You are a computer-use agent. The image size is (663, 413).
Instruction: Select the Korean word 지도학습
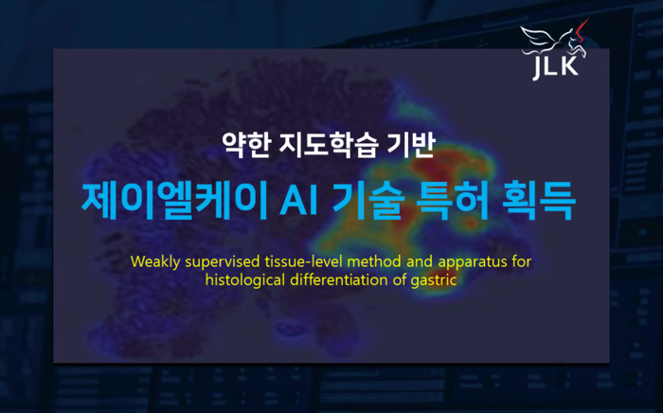318,145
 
